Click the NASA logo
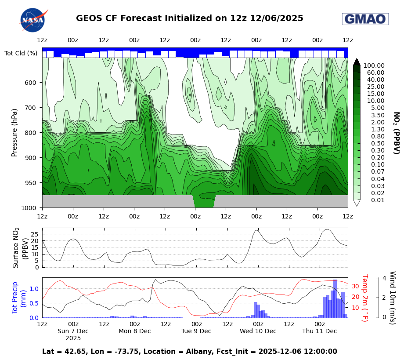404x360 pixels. tap(33, 20)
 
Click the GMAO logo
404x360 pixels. tap(365, 19)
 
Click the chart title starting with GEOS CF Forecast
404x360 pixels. tap(189, 18)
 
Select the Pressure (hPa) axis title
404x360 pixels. tap(14, 132)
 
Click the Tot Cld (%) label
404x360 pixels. tap(21, 53)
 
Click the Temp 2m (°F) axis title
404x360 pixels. tap(364, 298)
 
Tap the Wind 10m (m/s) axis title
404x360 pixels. tap(392, 298)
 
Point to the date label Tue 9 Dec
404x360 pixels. tap(196, 331)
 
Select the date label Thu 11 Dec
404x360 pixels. tap(319, 331)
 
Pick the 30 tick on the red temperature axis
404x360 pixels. tap(356, 286)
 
